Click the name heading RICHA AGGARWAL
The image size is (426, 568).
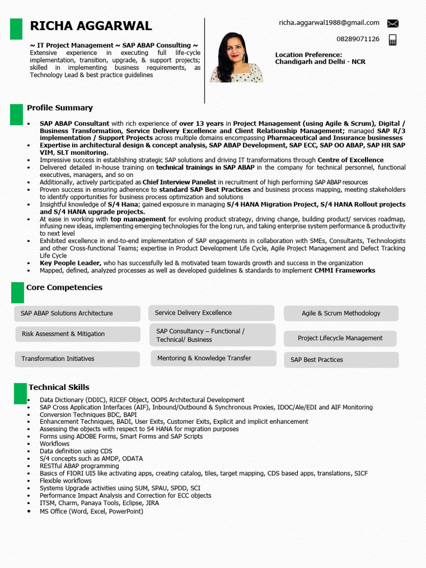click(90, 26)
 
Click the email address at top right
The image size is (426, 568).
click(329, 23)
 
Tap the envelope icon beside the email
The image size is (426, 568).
click(393, 23)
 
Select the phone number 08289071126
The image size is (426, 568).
click(358, 39)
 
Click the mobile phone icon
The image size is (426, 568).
click(393, 39)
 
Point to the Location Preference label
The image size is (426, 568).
click(308, 55)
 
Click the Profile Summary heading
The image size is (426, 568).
click(60, 108)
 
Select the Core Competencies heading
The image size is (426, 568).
click(64, 287)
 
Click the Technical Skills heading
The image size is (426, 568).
click(59, 387)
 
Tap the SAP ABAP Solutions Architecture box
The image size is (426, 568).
click(77, 313)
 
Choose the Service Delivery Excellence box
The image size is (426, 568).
click(211, 313)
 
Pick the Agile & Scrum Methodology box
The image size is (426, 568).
click(341, 313)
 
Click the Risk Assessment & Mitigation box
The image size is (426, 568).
click(77, 334)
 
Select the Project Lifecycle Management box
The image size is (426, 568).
click(340, 338)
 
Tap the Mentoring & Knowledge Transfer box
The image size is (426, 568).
click(213, 358)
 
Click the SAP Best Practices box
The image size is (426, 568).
click(341, 360)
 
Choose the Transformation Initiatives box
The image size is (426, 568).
click(77, 359)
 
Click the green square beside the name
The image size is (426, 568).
click(16, 29)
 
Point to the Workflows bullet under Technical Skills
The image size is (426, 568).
click(54, 444)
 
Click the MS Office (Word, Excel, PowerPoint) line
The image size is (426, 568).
click(91, 511)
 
